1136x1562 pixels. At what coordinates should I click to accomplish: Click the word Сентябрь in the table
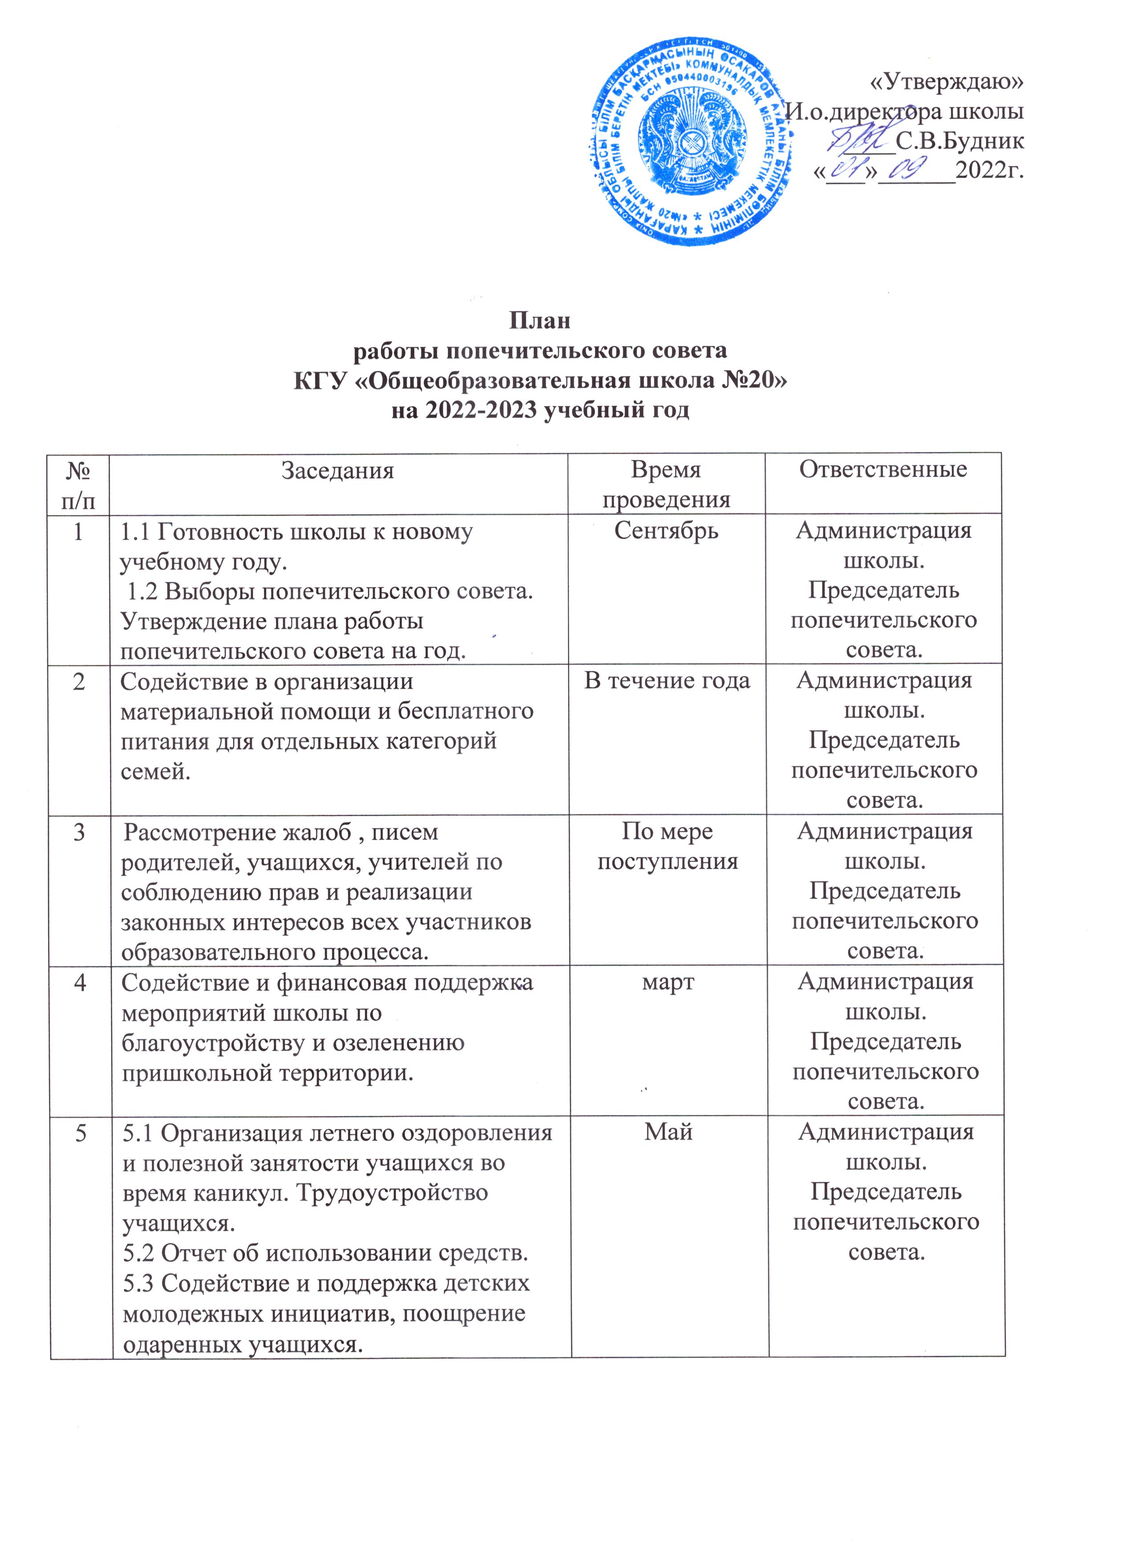pyautogui.click(x=666, y=531)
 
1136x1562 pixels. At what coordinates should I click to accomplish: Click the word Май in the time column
pyautogui.click(x=668, y=1132)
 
